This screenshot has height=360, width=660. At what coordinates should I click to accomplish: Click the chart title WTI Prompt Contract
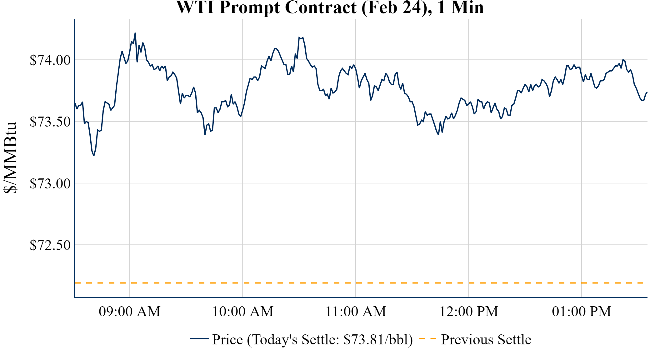click(x=330, y=7)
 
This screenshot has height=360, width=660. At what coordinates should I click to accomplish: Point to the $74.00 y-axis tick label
click(x=50, y=60)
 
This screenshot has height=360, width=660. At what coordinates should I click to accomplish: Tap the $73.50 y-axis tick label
click(x=50, y=122)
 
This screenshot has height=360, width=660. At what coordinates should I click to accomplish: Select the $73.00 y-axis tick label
click(x=50, y=183)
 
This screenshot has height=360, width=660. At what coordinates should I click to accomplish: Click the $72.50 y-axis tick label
click(x=50, y=245)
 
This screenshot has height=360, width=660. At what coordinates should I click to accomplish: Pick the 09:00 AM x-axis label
click(x=130, y=312)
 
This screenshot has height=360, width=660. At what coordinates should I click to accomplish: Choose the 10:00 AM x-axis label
click(x=243, y=312)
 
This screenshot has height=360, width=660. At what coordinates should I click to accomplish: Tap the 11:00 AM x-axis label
click(x=356, y=312)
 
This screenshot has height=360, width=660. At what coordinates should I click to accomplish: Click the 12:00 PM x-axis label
click(x=469, y=312)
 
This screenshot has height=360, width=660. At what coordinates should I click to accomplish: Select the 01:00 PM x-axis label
click(x=582, y=312)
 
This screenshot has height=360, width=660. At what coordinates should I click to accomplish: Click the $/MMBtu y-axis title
click(x=10, y=158)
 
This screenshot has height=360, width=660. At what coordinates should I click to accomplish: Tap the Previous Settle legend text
click(x=486, y=339)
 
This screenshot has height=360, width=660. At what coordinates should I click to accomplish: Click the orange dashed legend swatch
click(x=427, y=338)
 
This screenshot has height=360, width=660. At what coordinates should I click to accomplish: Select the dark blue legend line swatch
click(x=199, y=338)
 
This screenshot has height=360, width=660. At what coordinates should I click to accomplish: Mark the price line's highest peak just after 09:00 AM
click(x=135, y=33)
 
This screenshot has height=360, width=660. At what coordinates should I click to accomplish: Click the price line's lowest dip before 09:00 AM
click(x=94, y=155)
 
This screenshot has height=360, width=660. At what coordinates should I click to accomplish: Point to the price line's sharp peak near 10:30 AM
click(x=299, y=37)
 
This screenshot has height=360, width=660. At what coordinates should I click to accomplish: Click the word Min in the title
click(x=467, y=7)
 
